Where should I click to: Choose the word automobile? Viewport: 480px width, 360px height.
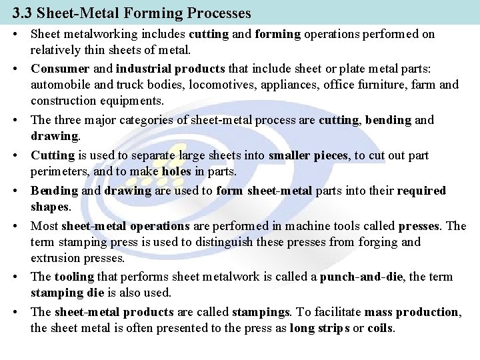click(x=61, y=85)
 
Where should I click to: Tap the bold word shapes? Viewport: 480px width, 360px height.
click(x=48, y=207)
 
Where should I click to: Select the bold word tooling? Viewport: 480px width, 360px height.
click(x=74, y=276)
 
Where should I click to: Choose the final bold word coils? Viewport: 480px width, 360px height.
click(x=379, y=329)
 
